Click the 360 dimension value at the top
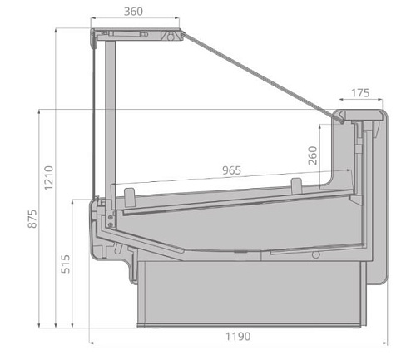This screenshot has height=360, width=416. [x=132, y=12]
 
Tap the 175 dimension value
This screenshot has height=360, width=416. [x=359, y=93]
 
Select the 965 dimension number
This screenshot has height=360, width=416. [x=231, y=170]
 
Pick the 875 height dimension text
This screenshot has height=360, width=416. [x=32, y=218]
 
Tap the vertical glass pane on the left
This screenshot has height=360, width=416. [x=101, y=116]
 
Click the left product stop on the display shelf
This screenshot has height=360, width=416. [x=129, y=196]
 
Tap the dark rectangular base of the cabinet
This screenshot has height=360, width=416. [x=250, y=295]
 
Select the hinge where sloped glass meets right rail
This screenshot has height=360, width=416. [x=341, y=121]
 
